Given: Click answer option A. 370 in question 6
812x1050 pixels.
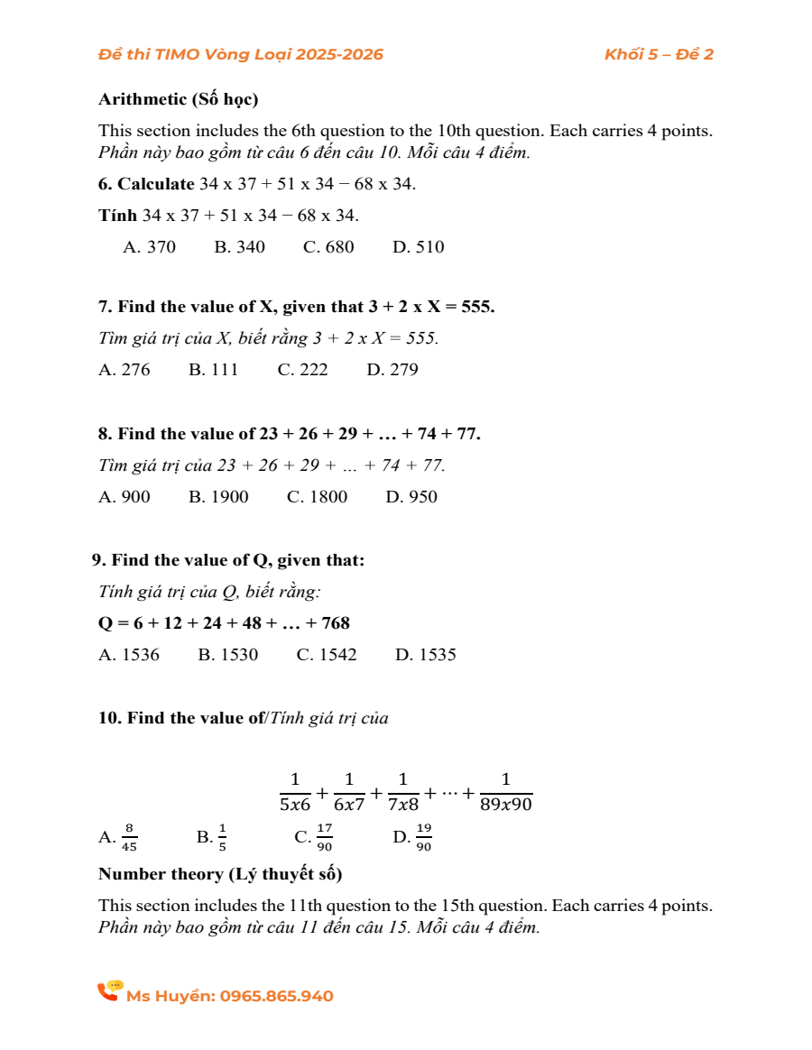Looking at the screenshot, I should pos(150,247).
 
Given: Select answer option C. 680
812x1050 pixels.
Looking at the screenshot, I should pos(328,247).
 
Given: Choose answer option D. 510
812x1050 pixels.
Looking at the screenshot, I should pos(419,247).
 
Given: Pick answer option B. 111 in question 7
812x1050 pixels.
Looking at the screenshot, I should pos(214,369).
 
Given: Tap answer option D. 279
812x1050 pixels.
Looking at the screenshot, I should pos(392,369).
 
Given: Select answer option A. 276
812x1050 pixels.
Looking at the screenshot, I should pos(125,369).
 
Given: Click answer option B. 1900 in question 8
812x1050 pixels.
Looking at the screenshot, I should pos(218,496).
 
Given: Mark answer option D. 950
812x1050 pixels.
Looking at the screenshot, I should pos(411,496).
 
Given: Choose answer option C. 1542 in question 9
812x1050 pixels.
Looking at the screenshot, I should pos(327,655).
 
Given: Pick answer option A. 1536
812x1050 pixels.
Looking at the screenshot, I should pos(129,655).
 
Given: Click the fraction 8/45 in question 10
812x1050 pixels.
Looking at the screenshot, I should pos(130,837).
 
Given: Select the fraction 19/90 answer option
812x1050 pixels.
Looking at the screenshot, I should pos(424,837).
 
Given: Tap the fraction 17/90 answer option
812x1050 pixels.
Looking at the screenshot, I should pos(325,837).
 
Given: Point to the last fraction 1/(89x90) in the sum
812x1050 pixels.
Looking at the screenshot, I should pos(506,792).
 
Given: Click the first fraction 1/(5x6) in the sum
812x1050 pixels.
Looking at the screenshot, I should pos(295,792).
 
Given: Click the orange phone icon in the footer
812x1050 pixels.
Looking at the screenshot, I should pos(110,991).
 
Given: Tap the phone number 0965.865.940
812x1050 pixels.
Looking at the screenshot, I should pos(276,997).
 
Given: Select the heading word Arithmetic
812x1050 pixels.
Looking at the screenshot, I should pos(140,99).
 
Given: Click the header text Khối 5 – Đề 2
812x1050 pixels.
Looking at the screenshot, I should pos(659,54).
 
